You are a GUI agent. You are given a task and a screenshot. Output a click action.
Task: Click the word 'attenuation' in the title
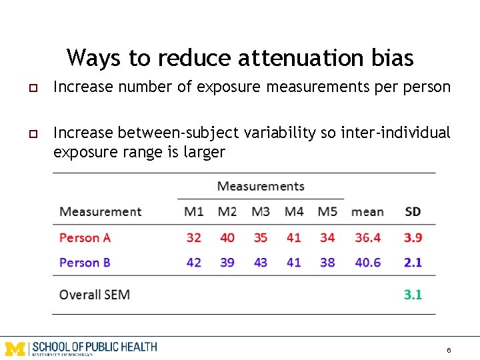pyautogui.click(x=287, y=58)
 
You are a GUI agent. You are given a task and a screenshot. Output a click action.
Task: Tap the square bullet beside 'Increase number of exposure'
pyautogui.click(x=31, y=88)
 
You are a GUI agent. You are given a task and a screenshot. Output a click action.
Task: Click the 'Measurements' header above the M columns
pyautogui.click(x=261, y=186)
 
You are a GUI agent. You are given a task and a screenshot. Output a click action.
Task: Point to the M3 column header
pyautogui.click(x=261, y=212)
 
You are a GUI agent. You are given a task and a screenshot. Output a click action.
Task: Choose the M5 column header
pyautogui.click(x=327, y=212)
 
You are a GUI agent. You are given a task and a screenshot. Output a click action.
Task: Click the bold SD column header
pyautogui.click(x=413, y=212)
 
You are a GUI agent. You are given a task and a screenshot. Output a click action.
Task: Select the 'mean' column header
pyautogui.click(x=367, y=212)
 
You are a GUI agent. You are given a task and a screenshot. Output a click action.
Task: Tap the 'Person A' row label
pyautogui.click(x=85, y=237)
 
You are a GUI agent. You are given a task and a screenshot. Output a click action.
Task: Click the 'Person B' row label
pyautogui.click(x=85, y=263)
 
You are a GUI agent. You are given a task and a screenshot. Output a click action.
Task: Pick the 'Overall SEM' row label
pyautogui.click(x=95, y=294)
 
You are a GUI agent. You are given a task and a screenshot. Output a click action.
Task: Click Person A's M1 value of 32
pyautogui.click(x=194, y=237)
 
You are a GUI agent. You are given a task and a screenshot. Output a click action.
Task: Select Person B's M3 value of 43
pyautogui.click(x=261, y=263)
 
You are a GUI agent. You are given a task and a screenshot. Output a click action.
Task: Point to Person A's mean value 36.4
pyautogui.click(x=368, y=237)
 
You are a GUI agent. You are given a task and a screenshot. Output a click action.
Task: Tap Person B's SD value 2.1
pyautogui.click(x=413, y=263)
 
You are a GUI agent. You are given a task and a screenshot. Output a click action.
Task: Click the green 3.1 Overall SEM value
pyautogui.click(x=413, y=294)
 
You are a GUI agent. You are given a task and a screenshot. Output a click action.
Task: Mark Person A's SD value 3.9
pyautogui.click(x=413, y=237)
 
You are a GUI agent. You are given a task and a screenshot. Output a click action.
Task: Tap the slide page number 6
pyautogui.click(x=449, y=350)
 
